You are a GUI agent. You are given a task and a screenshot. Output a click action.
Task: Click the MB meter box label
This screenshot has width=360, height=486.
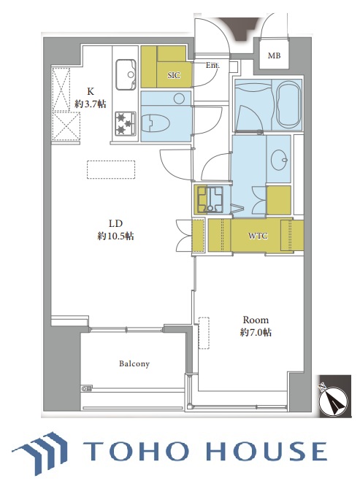[274, 55]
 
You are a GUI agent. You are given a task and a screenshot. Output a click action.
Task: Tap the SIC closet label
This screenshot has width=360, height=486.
[174, 75]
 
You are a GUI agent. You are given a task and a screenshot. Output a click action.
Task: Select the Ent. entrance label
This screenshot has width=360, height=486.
[212, 66]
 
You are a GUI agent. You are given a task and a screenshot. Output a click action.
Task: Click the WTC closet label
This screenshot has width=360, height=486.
[258, 236]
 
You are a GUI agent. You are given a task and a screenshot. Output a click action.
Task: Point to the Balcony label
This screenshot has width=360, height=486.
[134, 363]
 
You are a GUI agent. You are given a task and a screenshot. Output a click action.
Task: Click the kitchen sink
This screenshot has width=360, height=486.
[126, 74]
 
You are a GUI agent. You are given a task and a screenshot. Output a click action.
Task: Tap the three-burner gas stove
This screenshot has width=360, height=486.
[126, 123]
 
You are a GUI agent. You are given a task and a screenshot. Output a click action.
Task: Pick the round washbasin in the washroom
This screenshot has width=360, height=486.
[279, 159]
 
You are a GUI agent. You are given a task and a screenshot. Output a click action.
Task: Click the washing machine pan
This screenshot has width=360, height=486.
[211, 200]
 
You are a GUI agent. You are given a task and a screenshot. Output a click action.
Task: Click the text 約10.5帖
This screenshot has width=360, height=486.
[115, 236]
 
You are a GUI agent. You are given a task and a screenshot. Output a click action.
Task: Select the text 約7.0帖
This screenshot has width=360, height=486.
[256, 333]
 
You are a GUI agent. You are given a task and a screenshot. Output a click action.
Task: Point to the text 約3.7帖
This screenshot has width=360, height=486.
[91, 104]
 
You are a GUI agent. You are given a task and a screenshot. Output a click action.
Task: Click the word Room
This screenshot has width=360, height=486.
[256, 320]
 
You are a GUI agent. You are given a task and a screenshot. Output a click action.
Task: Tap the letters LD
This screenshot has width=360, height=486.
[115, 223]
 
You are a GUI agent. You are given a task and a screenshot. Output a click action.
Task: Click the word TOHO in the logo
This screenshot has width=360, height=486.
[136, 451]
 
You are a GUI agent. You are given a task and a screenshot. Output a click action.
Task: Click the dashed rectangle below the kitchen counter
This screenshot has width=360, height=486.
[111, 169]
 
